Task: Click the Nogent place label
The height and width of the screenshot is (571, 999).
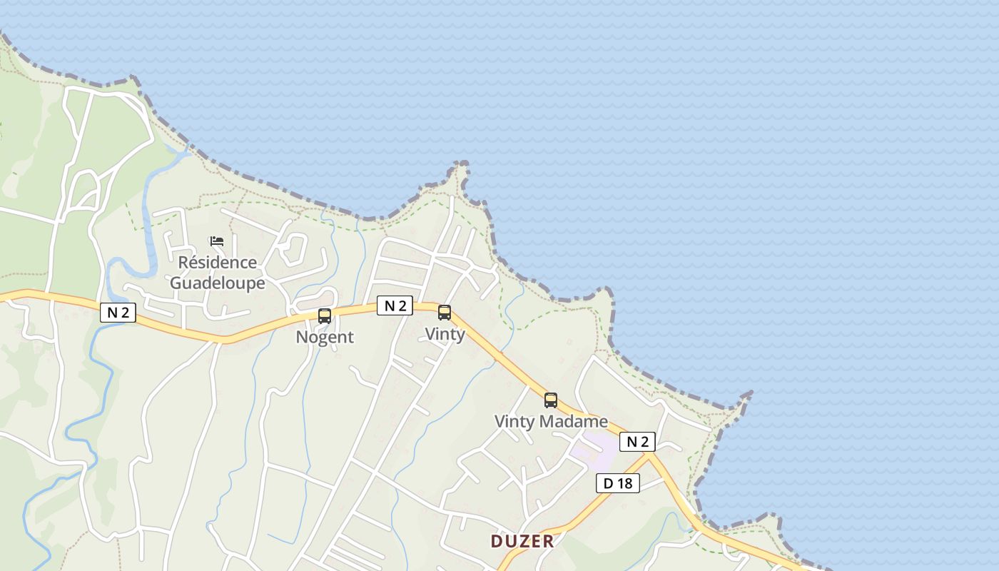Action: [325, 337]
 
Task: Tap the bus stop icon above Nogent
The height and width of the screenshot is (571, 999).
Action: [325, 315]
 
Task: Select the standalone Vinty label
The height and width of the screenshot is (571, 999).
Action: [445, 333]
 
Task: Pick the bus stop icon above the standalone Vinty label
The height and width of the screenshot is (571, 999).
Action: [445, 312]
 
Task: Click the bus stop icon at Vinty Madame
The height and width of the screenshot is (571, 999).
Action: [551, 400]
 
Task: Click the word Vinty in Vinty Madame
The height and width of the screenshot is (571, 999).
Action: [514, 421]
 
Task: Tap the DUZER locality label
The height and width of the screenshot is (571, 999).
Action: [522, 541]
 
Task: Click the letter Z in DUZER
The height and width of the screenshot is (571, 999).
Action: [522, 541]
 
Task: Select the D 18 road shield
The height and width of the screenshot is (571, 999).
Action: [618, 483]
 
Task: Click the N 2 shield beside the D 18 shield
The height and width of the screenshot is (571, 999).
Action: [637, 442]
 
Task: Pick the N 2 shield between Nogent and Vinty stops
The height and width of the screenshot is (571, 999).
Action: [395, 306]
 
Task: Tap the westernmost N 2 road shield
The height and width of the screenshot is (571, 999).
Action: [118, 312]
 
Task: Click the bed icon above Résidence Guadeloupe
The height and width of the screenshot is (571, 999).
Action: [217, 241]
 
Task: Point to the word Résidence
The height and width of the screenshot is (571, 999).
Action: [217, 262]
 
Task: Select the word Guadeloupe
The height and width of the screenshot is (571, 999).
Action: [218, 283]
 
